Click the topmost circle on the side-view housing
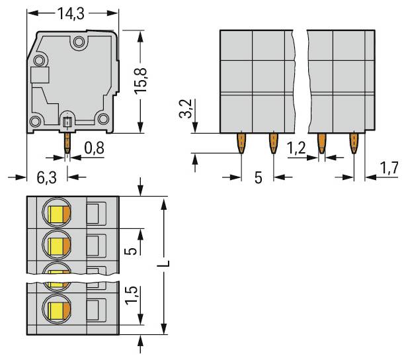79,43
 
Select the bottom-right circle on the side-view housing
102,119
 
